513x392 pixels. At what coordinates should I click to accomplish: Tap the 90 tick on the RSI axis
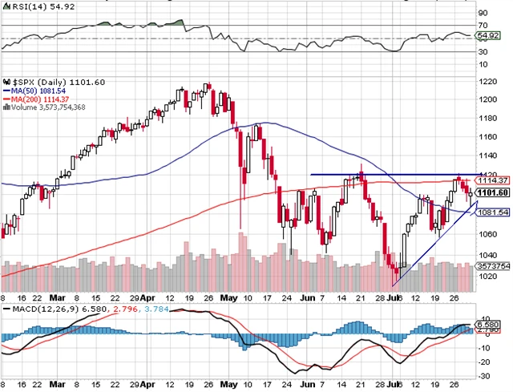(483, 14)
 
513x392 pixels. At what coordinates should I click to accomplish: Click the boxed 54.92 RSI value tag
(488, 36)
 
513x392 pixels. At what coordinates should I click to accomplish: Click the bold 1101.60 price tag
(493, 192)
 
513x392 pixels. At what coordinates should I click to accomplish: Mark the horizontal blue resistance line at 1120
(385, 175)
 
